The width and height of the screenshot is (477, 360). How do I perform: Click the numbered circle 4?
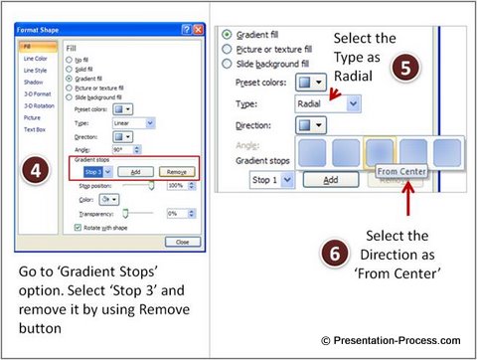34,170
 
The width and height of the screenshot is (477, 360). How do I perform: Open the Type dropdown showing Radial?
328,103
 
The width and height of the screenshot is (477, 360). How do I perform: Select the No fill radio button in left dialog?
70,60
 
